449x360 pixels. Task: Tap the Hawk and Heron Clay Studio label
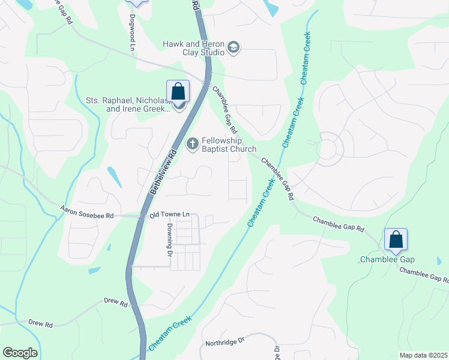[x=193, y=48]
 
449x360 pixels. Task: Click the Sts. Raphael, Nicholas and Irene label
[x=128, y=104]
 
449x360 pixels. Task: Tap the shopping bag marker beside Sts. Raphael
[x=178, y=92]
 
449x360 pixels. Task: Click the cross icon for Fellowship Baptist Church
[x=193, y=143]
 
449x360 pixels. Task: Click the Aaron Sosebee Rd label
[x=87, y=211]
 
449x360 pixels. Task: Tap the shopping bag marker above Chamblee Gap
[x=396, y=240]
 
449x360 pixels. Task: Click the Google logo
[x=20, y=353]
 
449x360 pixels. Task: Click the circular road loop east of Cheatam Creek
[x=327, y=150]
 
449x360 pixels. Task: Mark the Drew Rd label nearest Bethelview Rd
[x=116, y=303]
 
